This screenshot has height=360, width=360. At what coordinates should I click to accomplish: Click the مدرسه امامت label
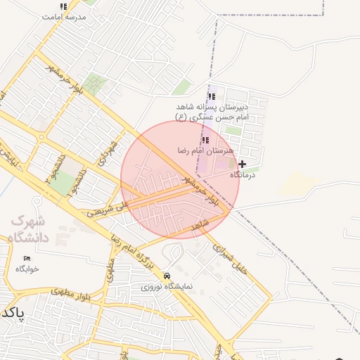[64, 16]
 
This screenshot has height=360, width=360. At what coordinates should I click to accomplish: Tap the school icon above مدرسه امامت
[64, 6]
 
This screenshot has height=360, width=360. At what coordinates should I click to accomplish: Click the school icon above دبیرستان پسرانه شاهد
[212, 97]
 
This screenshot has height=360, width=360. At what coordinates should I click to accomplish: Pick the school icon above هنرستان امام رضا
[205, 141]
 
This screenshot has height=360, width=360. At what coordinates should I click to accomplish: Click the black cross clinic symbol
[243, 164]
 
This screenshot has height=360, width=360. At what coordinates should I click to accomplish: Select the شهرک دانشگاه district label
[30, 229]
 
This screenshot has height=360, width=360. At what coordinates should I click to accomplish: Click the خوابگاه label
[27, 269]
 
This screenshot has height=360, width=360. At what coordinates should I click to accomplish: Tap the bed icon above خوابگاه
[27, 259]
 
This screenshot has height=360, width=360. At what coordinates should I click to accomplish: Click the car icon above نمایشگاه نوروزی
[167, 276]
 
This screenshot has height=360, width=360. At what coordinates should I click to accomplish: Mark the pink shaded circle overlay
[180, 179]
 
